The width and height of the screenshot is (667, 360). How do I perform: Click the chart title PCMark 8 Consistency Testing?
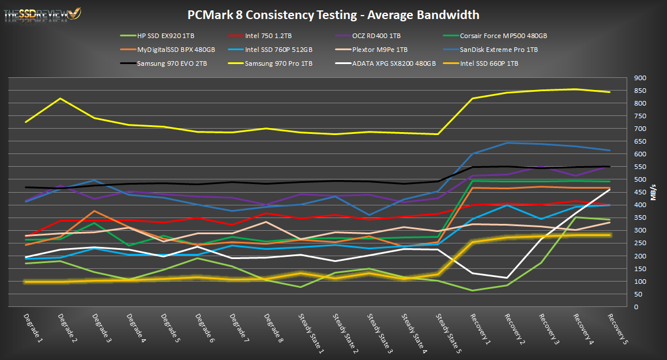(333, 15)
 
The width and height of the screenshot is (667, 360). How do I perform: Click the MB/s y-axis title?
(653, 192)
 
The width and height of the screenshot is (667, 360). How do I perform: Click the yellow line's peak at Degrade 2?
(60, 99)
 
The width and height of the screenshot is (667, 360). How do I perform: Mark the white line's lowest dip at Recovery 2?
(507, 278)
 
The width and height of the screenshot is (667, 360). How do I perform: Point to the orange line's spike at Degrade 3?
(94, 211)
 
